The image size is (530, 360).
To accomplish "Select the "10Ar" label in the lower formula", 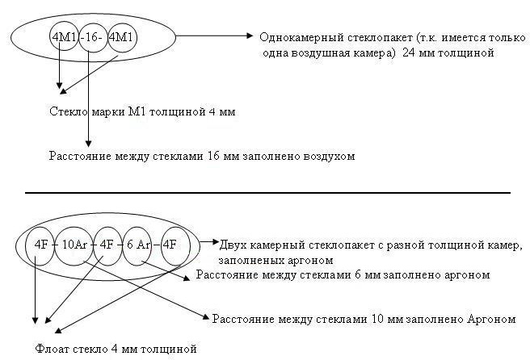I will (75, 244).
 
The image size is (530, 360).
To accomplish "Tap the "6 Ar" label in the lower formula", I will (138, 244).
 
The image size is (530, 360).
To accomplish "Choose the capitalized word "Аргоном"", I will (491, 319).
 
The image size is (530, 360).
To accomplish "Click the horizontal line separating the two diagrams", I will (267, 193).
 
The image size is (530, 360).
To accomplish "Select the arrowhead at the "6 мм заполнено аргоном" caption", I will (191, 276).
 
